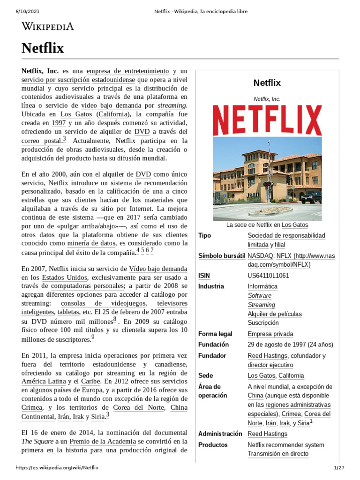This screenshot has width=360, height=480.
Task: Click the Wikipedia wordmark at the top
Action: click(48, 26)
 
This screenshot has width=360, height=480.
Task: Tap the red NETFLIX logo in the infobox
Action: click(267, 120)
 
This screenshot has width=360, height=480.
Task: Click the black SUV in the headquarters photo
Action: click(311, 197)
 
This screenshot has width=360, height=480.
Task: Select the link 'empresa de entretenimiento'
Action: click(128, 71)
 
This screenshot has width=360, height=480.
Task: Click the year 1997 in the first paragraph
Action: click(59, 123)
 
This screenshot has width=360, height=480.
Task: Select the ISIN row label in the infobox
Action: click(204, 276)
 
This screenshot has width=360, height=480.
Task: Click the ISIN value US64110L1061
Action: click(268, 276)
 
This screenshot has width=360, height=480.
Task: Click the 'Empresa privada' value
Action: click(270, 334)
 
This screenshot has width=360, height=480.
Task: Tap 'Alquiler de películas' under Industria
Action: click(275, 314)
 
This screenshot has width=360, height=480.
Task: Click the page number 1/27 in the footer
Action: click(339, 468)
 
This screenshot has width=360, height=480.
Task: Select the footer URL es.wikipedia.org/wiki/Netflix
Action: click(57, 468)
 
